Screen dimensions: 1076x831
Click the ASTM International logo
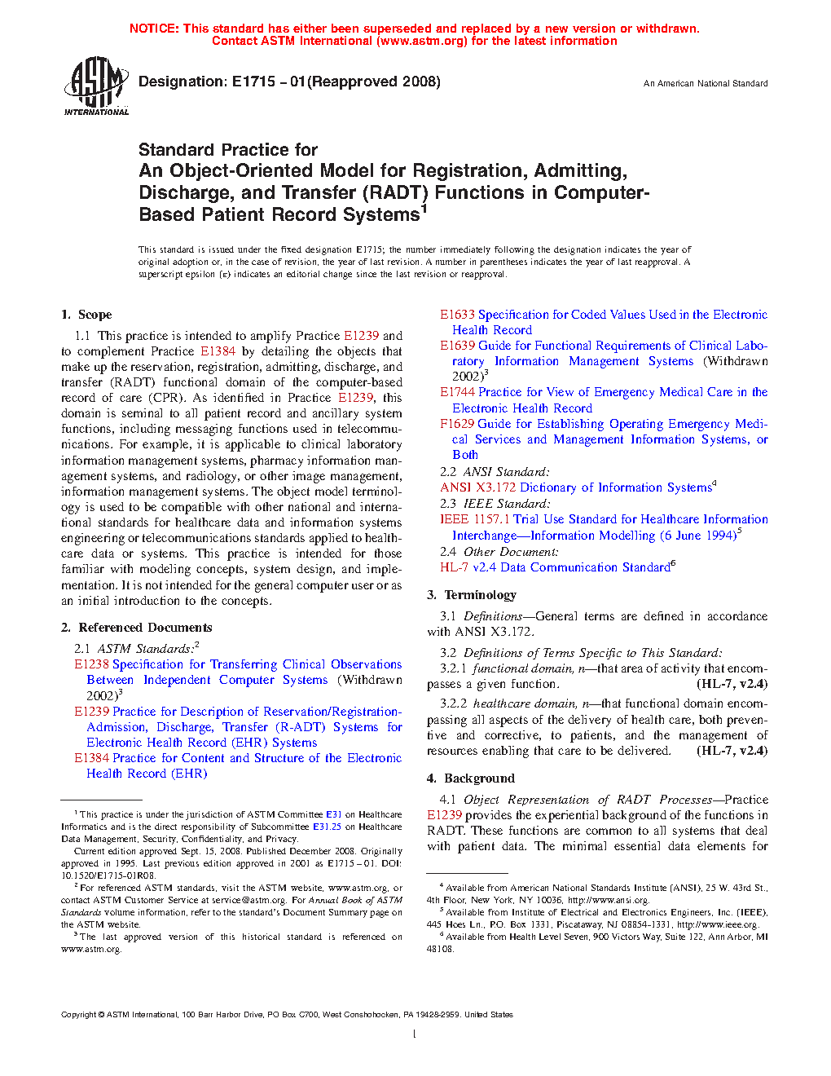point(95,86)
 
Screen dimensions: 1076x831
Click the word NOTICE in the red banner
point(154,29)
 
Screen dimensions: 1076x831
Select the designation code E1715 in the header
point(253,82)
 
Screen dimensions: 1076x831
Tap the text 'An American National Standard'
point(706,83)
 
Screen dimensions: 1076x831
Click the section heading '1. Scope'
point(86,315)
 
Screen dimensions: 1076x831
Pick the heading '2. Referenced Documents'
point(136,628)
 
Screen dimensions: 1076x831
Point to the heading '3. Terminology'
point(472,595)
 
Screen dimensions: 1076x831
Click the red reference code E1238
point(91,664)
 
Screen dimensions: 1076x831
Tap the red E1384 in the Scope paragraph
point(218,351)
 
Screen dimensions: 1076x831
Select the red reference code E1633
point(457,315)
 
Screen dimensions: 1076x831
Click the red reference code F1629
point(457,424)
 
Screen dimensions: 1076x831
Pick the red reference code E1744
point(457,392)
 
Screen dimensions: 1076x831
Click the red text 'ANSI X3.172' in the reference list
point(478,487)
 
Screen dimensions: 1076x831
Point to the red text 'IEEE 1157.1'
point(475,519)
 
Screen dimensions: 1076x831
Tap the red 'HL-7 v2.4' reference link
point(468,567)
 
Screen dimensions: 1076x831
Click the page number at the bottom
point(415,1034)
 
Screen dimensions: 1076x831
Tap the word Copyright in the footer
point(79,1015)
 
